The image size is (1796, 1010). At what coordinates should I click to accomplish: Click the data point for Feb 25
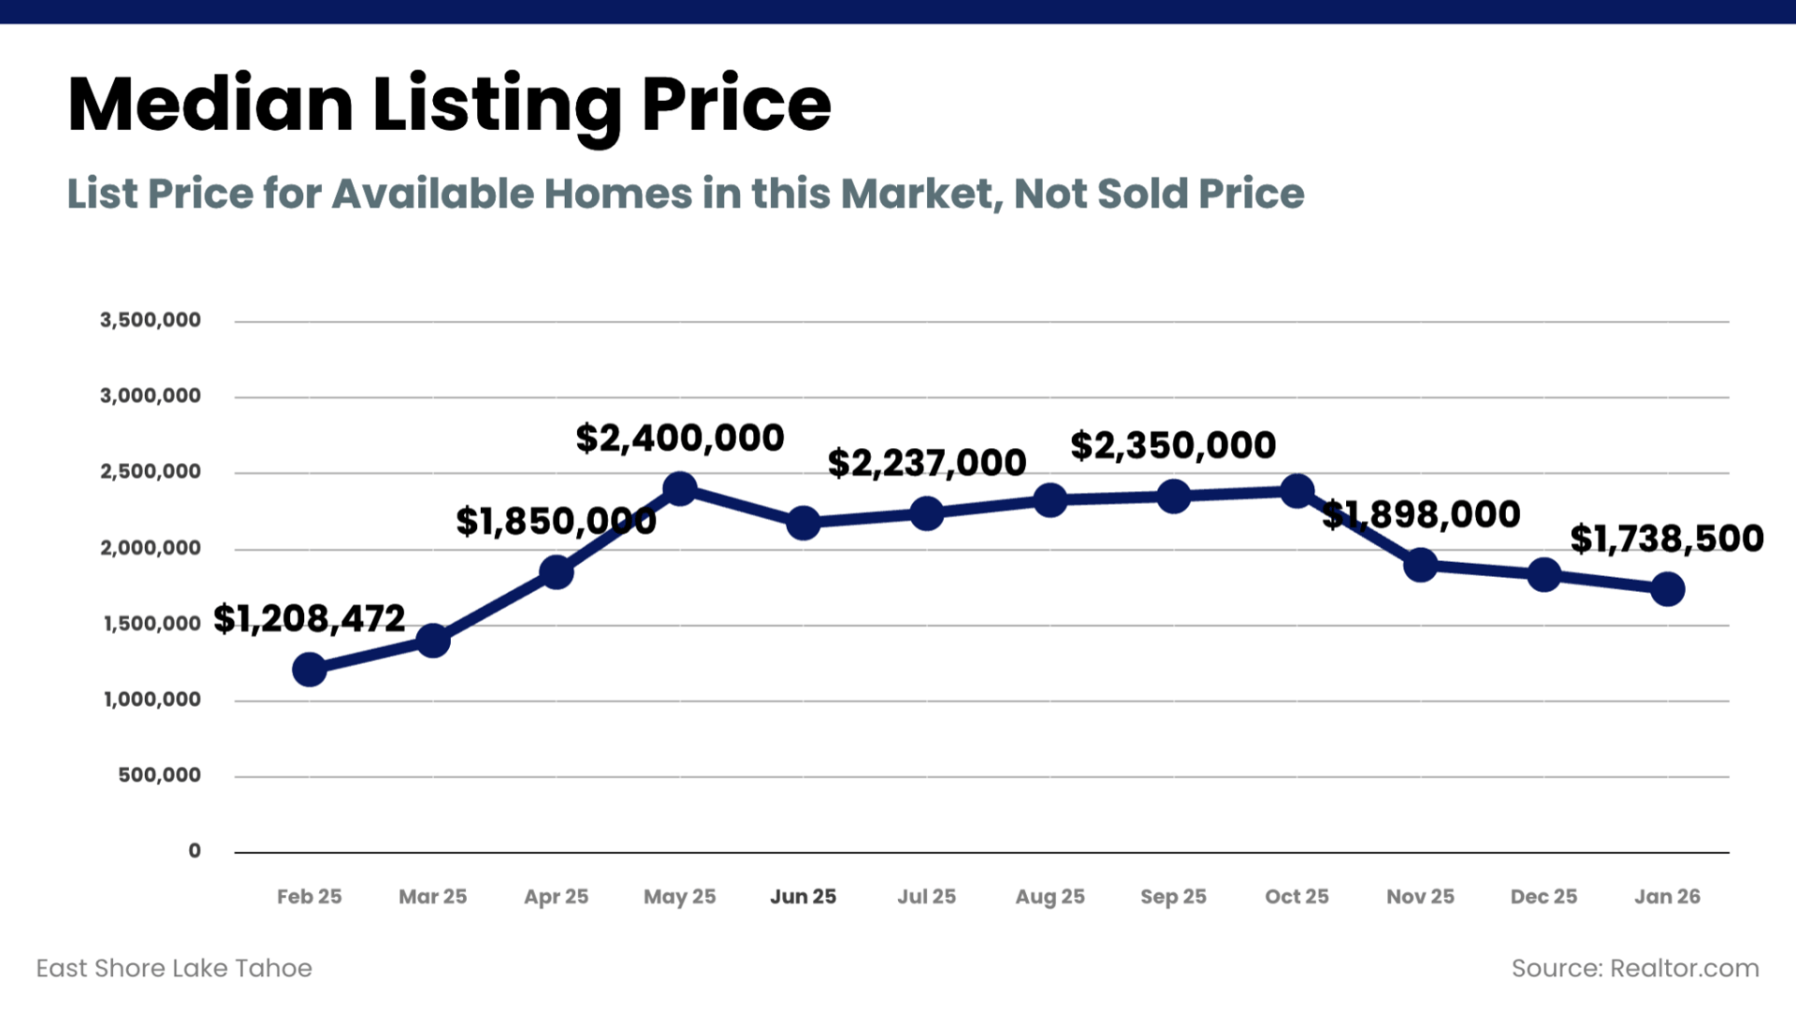[310, 670]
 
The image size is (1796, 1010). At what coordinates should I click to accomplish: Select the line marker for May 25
[680, 488]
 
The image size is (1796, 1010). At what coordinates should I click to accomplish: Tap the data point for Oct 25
[1297, 490]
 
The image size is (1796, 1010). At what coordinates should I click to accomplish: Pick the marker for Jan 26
[1668, 589]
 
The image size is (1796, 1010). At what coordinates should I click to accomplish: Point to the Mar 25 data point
[433, 641]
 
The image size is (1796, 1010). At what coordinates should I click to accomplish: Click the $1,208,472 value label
[310, 618]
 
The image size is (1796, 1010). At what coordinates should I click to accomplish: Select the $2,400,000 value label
[680, 438]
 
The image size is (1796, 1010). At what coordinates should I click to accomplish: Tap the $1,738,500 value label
[1667, 539]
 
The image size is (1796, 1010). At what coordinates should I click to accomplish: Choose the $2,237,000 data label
[927, 463]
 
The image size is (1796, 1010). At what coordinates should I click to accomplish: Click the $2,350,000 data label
[1173, 445]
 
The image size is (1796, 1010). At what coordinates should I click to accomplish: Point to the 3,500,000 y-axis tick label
[151, 320]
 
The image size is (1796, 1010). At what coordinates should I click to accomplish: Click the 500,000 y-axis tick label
[159, 775]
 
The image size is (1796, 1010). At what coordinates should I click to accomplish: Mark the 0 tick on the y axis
[195, 851]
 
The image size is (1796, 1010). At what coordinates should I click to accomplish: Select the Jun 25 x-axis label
[803, 897]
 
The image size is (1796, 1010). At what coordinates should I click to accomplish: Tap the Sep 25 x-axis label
[1173, 897]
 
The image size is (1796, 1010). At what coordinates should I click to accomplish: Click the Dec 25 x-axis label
[1543, 897]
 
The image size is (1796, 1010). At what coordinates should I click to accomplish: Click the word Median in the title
[210, 105]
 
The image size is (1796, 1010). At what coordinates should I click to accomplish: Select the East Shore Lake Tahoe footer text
[174, 968]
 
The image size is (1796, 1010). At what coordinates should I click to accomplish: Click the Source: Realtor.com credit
[1635, 968]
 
